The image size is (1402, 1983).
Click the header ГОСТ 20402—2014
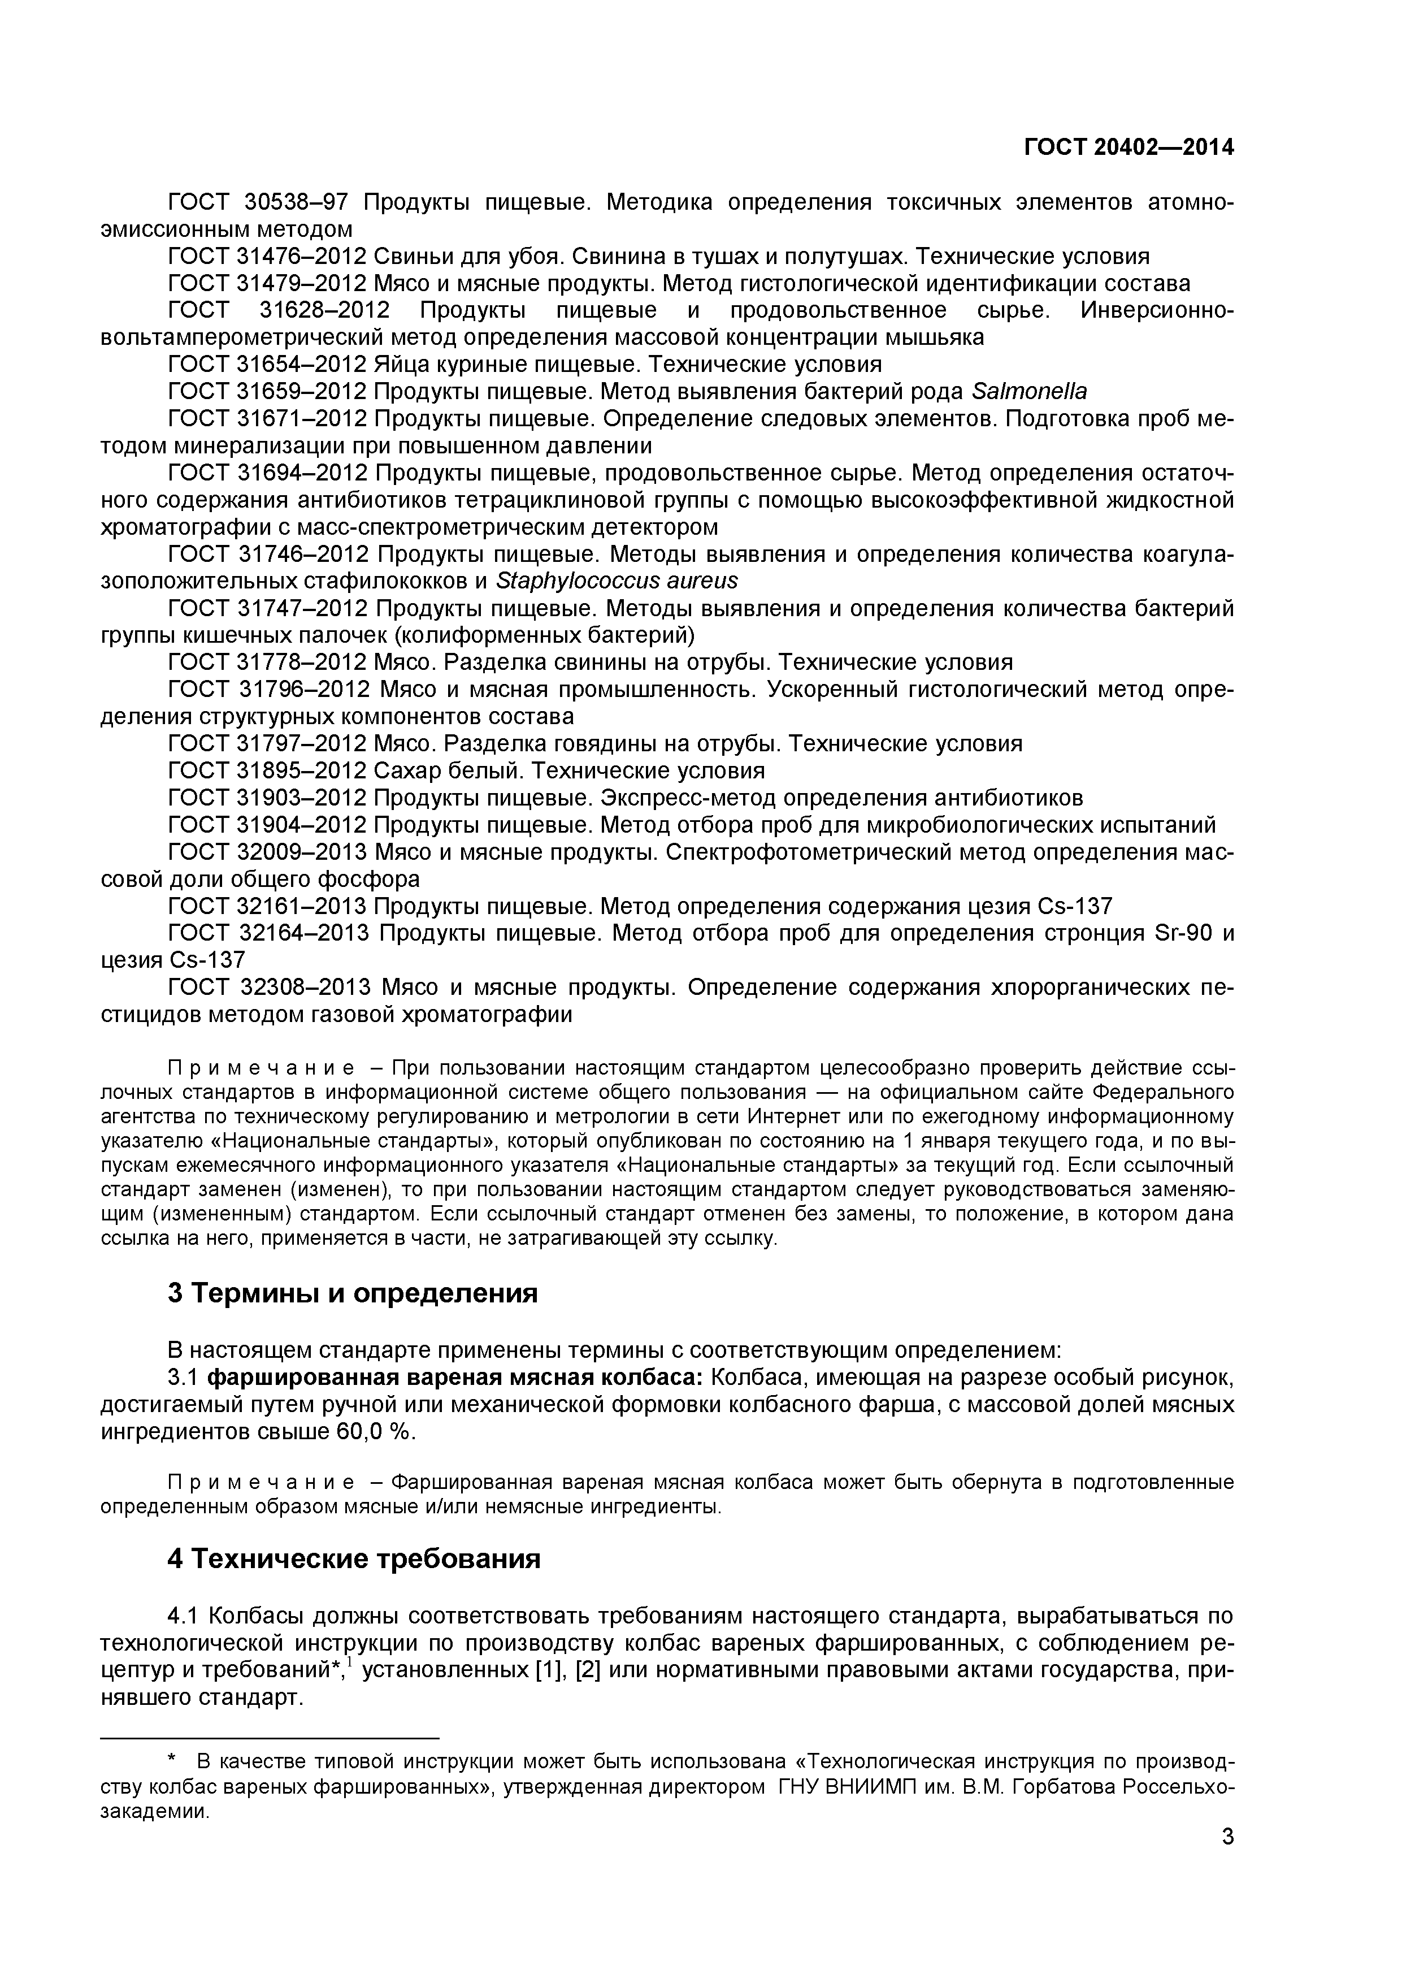point(1128,148)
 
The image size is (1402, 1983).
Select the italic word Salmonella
point(1028,391)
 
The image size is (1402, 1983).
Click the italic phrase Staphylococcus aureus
point(617,581)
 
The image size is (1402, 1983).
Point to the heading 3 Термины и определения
point(352,1293)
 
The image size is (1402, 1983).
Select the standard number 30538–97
point(292,202)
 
